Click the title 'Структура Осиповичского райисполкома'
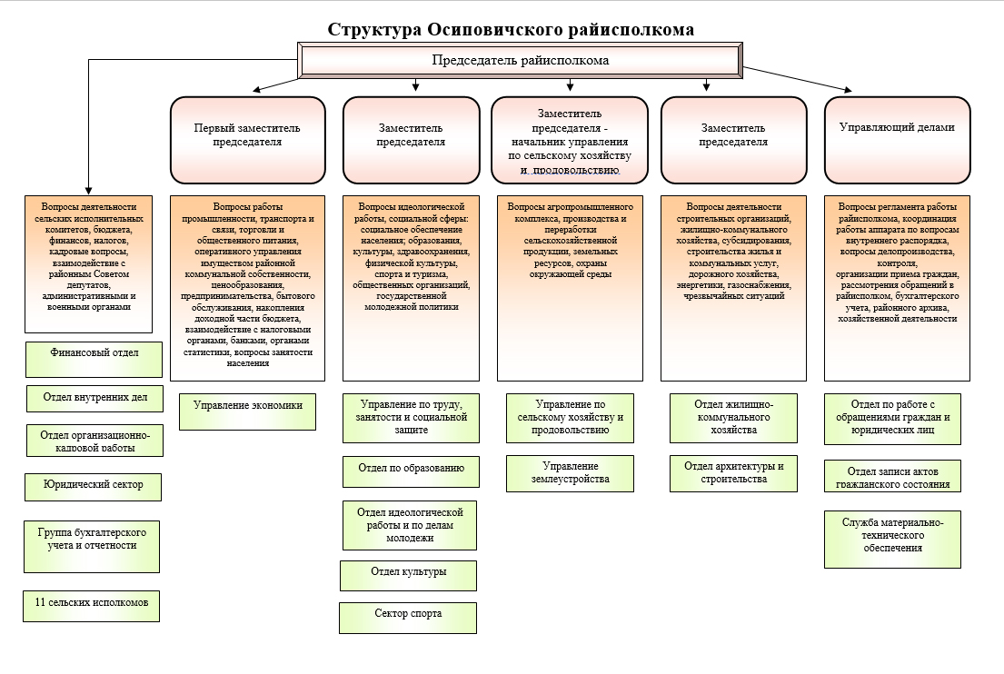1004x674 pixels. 512,29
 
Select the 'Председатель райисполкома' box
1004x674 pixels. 519,61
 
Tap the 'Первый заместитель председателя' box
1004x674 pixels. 247,139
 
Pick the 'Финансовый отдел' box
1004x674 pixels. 94,359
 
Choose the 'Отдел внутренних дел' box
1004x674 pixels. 94,398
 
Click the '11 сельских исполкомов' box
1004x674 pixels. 91,605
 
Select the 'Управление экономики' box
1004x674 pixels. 247,411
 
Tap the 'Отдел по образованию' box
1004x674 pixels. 411,471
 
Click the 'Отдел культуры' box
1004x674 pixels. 408,575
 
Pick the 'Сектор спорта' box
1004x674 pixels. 407,617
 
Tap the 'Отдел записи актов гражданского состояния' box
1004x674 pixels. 892,477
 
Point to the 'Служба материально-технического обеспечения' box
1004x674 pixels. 892,539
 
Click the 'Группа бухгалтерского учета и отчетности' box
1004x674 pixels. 92,545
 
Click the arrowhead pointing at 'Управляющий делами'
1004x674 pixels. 848,90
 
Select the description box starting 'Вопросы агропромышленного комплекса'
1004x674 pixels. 570,286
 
